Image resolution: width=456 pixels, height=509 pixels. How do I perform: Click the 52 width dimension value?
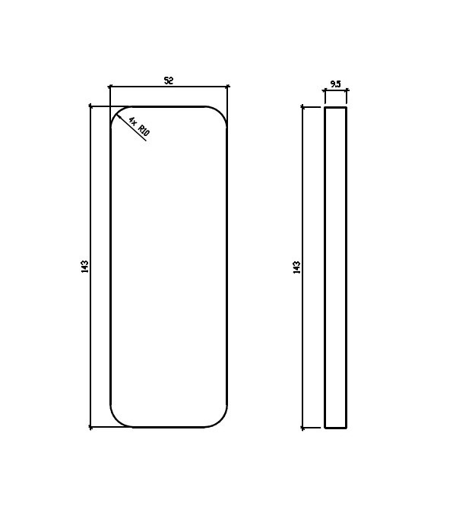point(168,80)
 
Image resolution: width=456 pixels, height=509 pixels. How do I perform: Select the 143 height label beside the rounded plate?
point(84,267)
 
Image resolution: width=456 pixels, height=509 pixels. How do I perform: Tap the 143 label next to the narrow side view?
point(296,267)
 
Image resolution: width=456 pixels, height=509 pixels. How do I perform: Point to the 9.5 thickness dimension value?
point(335,84)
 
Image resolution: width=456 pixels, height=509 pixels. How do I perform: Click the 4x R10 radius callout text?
point(139,127)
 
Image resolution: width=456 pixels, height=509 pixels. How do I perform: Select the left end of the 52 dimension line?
point(109,87)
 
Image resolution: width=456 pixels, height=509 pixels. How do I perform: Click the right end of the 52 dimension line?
point(228,87)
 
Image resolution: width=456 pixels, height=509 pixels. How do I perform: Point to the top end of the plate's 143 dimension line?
point(90,106)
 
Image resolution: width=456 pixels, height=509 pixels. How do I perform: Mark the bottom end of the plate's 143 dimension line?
point(90,428)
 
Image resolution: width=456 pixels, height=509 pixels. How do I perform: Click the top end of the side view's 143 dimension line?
point(302,107)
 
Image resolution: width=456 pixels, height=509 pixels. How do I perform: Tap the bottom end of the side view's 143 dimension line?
point(302,428)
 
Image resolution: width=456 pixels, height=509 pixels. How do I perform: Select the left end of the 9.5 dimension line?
point(325,91)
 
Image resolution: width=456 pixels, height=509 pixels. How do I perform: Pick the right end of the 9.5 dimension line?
point(347,91)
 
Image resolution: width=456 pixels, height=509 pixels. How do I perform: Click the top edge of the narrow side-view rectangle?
point(335,107)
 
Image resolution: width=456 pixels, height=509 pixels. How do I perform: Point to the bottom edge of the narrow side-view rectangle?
point(335,428)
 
